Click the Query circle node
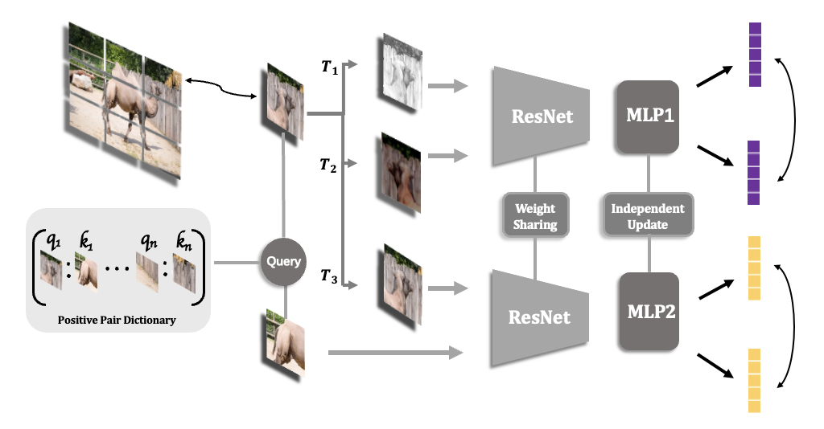[284, 262]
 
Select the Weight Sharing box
[535, 216]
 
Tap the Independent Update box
[648, 216]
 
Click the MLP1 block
[648, 117]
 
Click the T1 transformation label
[329, 68]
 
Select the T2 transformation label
[328, 167]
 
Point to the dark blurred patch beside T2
[400, 174]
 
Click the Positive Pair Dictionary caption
[117, 321]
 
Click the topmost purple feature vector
[755, 54]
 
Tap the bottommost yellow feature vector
[755, 381]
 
